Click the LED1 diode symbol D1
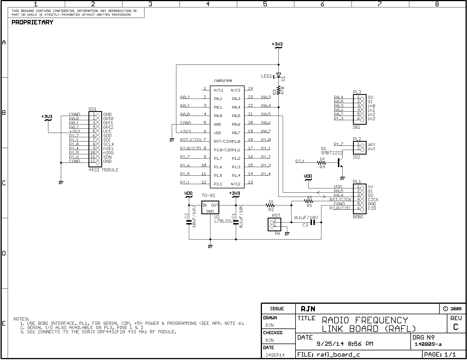tap(278, 75)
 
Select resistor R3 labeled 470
tap(278, 91)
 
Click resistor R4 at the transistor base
tap(322, 163)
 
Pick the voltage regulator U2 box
tap(210, 207)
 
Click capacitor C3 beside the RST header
tap(313, 222)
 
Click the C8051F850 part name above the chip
tap(223, 81)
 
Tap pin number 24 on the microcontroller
tap(250, 88)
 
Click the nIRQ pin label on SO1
tap(108, 153)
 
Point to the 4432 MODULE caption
tap(104, 170)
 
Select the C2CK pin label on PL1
tap(373, 200)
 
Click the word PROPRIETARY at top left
tap(32, 22)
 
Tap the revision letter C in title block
tap(456, 327)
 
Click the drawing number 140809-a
tap(428, 344)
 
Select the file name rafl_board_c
tap(338, 355)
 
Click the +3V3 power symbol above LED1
tap(277, 45)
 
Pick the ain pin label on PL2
tap(371, 144)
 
